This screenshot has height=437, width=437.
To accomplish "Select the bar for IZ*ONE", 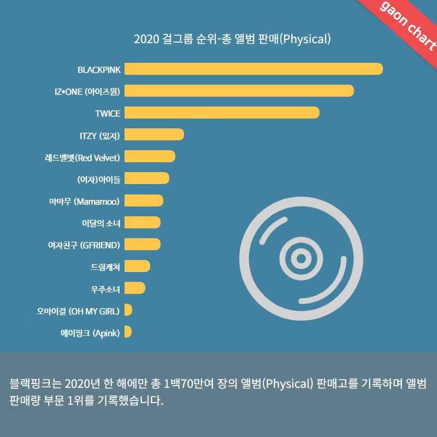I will (239, 91).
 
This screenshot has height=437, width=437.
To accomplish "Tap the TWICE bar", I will (221, 113).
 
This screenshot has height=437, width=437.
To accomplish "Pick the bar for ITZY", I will (154, 135).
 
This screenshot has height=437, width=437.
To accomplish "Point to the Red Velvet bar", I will (150, 157).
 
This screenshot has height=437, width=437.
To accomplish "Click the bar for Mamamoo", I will (144, 200).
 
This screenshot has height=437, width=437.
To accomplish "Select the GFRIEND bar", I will (142, 244).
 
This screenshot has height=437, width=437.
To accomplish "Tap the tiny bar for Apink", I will (128, 332).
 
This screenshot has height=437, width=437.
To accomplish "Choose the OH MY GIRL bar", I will (128, 310).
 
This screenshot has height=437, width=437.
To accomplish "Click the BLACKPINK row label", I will (99, 69).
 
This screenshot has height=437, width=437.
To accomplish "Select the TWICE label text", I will (108, 113).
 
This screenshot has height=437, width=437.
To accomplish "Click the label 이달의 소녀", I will (101, 223).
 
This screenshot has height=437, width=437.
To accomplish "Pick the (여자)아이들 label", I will (98, 179).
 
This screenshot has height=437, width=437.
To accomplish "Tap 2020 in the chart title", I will (145, 39).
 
